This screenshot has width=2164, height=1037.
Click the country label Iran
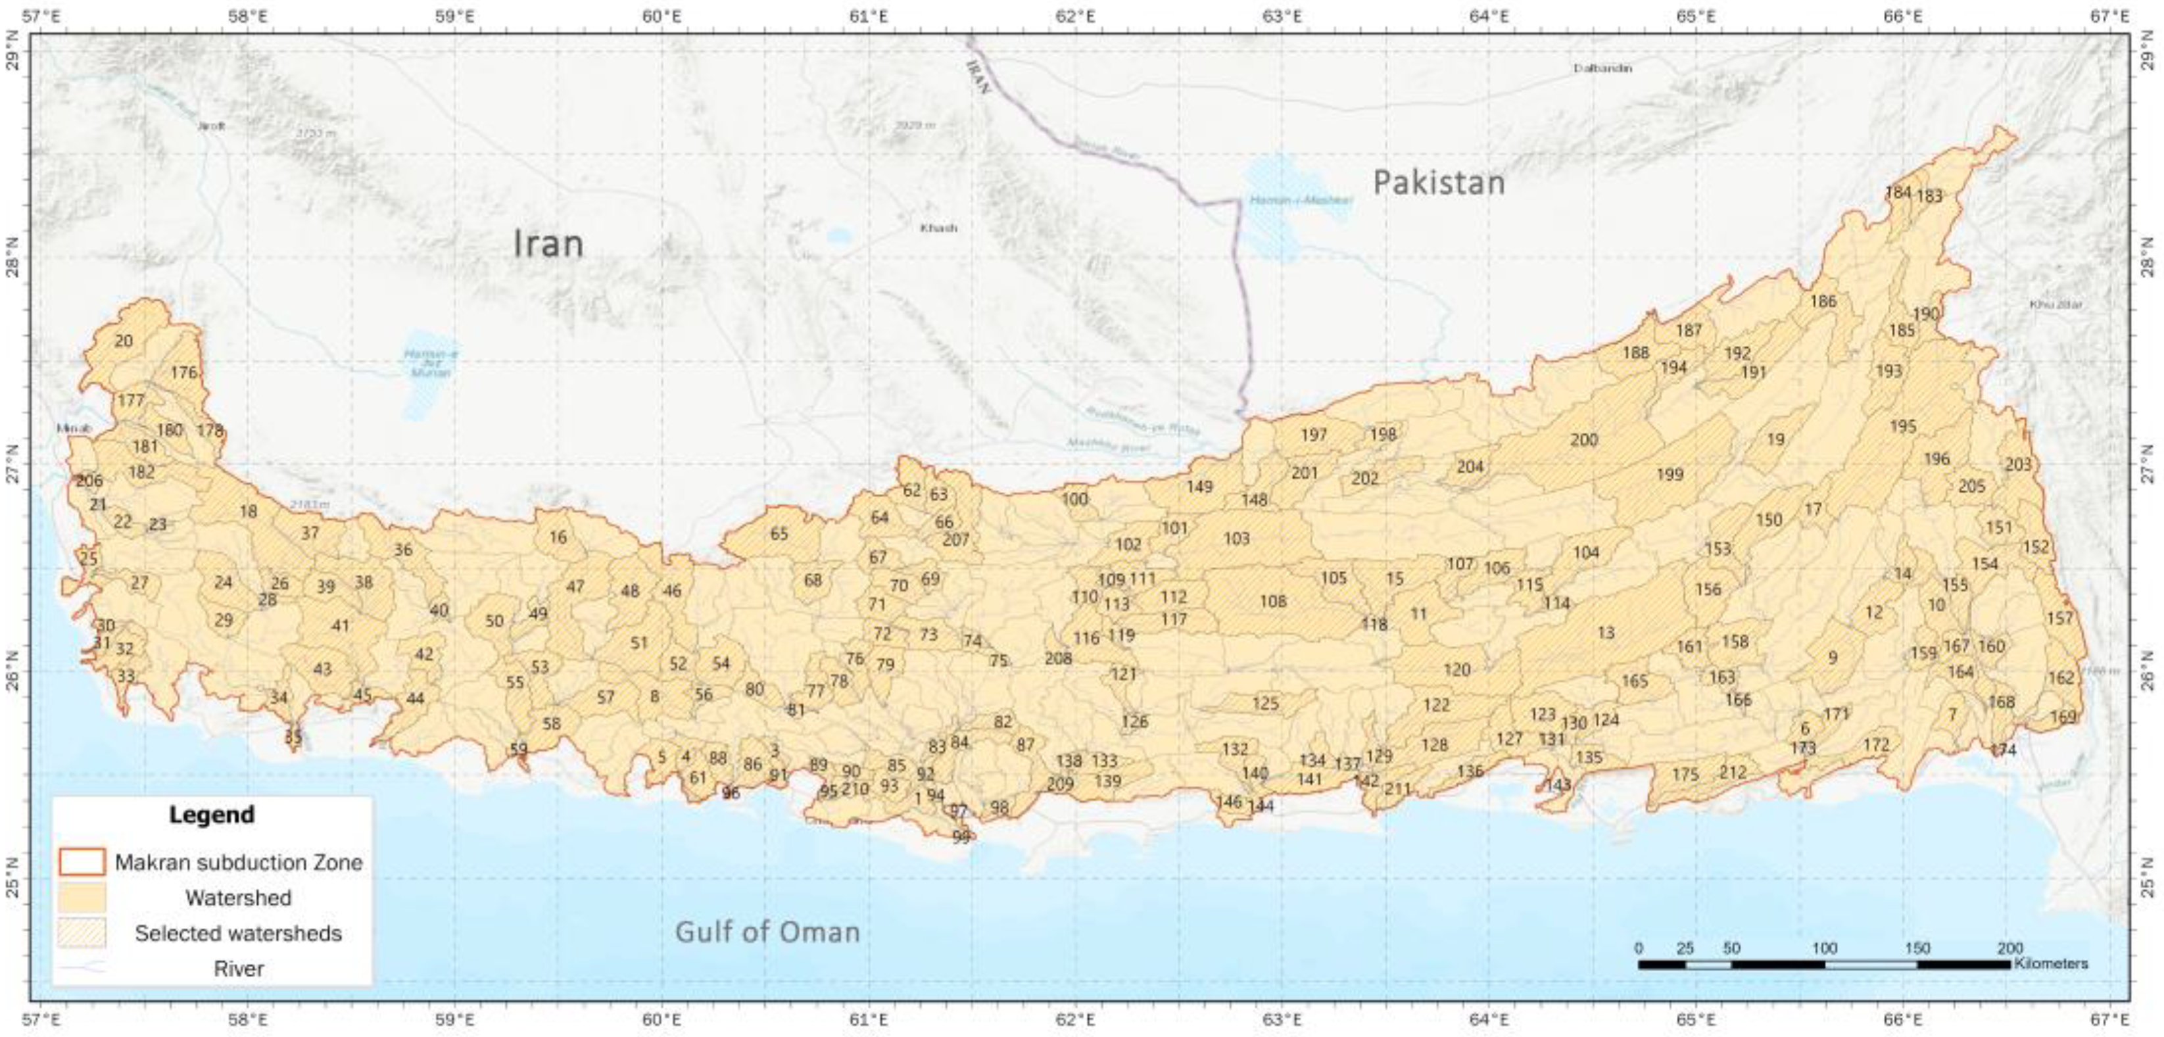click(x=548, y=244)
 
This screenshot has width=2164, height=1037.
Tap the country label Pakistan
click(x=1438, y=182)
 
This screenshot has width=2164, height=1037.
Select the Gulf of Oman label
click(x=767, y=932)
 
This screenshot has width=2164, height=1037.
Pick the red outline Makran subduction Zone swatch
click(x=82, y=862)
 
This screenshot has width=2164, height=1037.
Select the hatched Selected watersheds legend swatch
click(x=82, y=933)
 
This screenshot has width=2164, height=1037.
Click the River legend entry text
click(x=239, y=969)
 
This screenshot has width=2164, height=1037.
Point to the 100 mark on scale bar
click(x=1824, y=949)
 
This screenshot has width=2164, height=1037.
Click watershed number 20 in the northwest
click(x=124, y=341)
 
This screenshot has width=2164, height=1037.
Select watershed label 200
click(x=1583, y=439)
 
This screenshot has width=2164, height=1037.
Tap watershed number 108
click(x=1273, y=601)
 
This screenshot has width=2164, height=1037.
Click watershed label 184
click(x=1898, y=193)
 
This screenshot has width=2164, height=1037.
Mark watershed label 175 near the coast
click(x=1685, y=775)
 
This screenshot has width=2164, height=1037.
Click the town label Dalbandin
click(x=1602, y=68)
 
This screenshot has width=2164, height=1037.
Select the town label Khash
click(x=938, y=228)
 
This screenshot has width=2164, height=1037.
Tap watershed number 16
click(x=558, y=537)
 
